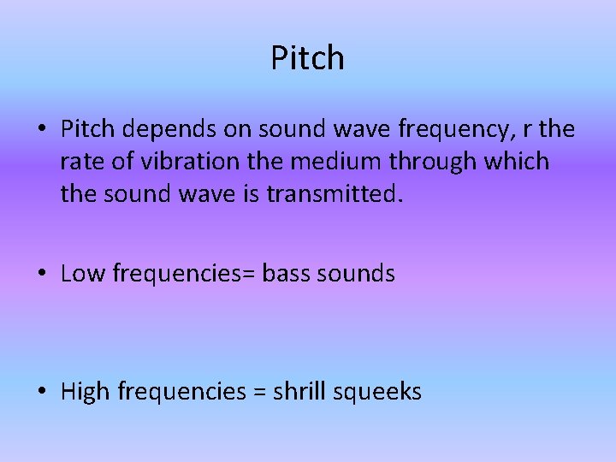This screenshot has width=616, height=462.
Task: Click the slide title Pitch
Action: coord(308,58)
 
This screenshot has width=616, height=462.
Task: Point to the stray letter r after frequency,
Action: coord(524,130)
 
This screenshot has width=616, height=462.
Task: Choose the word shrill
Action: coord(299,392)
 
